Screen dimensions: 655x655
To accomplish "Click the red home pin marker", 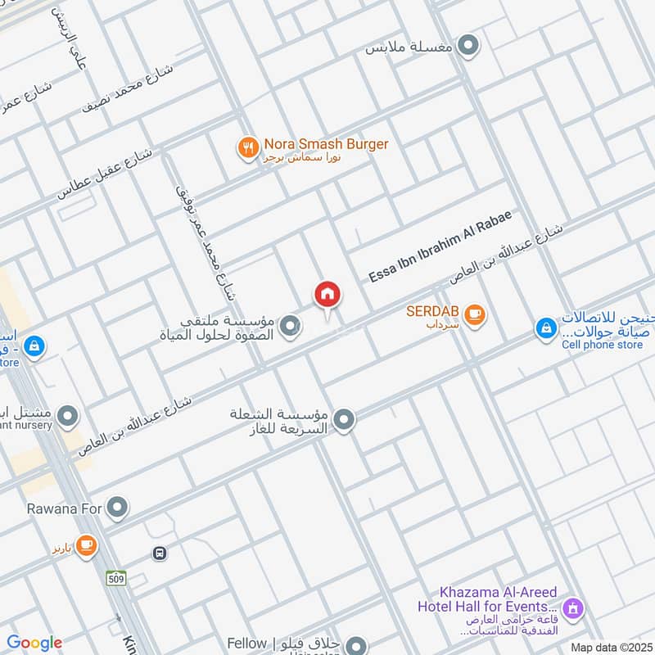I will point(327,295).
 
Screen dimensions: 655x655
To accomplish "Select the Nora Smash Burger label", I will point(326,144).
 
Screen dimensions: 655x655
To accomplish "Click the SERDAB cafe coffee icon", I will point(473,314).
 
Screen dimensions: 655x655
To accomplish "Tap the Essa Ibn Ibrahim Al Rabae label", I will point(440,246).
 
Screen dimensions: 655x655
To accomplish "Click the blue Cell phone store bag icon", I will point(545,328).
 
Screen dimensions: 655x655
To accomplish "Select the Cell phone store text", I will point(603,345).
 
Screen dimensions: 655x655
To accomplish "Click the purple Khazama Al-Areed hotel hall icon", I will point(573,608).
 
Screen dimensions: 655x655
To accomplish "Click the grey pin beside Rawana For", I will point(119,508).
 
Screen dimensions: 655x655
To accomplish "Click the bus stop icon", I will point(159,553).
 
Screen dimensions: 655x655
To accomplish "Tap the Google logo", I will point(34,643).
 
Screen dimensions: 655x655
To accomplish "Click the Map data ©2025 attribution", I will point(611,647).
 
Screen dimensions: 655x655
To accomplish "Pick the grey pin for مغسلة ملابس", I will point(468,46).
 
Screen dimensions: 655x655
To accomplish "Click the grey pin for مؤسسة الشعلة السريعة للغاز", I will point(345,421).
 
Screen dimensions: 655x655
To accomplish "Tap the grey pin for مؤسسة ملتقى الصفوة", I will point(289,327).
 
